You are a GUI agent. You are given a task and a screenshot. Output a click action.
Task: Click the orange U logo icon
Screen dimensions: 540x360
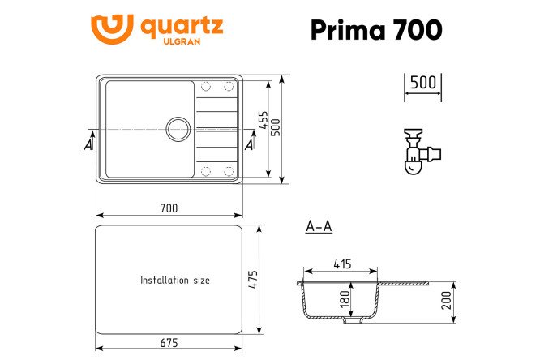click(112, 29)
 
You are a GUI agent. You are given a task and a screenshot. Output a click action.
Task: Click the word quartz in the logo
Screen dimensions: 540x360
click(182, 27)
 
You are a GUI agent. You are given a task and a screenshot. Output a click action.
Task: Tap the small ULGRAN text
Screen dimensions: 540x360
click(182, 41)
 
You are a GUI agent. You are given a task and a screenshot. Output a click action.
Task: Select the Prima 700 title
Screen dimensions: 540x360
click(376, 30)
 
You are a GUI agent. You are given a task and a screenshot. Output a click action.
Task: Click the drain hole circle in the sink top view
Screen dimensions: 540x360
click(178, 129)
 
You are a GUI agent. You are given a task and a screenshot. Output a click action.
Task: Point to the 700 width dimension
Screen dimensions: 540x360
click(169, 208)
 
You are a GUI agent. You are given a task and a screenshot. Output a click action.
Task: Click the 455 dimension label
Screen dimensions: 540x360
click(264, 119)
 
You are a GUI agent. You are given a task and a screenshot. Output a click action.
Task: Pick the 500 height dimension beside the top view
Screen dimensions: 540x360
click(276, 127)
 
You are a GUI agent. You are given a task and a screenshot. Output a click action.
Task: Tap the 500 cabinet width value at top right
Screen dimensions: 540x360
click(423, 83)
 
